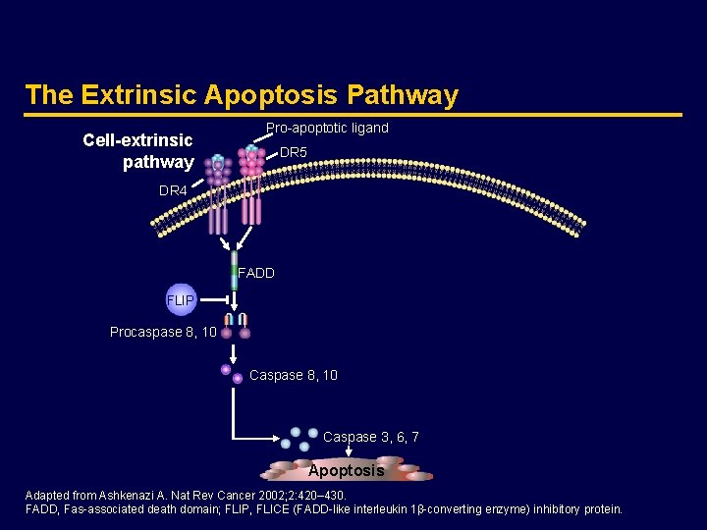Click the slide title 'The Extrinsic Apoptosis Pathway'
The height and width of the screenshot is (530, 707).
[242, 95]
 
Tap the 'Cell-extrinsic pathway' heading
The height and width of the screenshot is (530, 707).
[138, 151]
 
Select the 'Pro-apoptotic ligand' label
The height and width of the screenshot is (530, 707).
[327, 129]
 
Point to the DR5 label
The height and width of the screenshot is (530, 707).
[294, 153]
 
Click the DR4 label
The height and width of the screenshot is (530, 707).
[173, 190]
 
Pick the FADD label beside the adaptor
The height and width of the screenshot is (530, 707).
[257, 274]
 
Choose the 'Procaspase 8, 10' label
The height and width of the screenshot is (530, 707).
[163, 333]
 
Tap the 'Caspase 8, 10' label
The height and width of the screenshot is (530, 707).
[294, 375]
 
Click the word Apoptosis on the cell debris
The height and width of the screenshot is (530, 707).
[346, 471]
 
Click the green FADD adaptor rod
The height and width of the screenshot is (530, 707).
[235, 276]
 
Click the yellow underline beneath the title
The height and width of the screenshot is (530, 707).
[353, 115]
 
